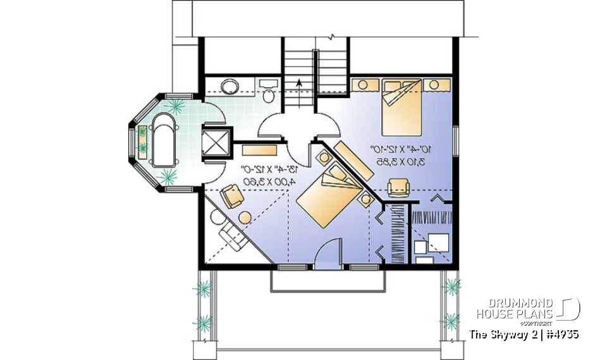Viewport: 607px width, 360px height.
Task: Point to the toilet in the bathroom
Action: point(268,96)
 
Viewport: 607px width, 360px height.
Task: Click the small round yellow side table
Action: point(244,216)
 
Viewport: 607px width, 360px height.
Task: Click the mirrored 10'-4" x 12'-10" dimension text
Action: point(402,150)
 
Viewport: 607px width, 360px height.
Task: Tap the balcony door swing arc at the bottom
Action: point(328,252)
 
